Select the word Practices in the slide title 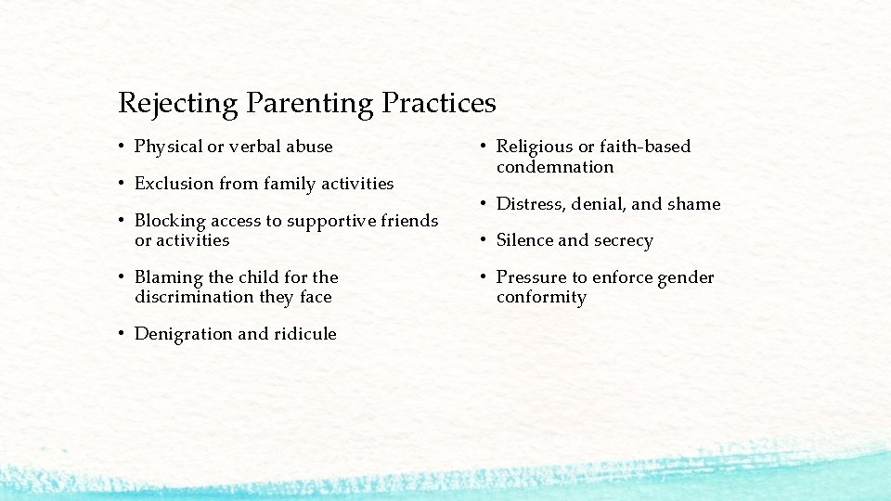click(439, 102)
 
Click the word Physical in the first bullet click(168, 147)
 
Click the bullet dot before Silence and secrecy click(484, 241)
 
